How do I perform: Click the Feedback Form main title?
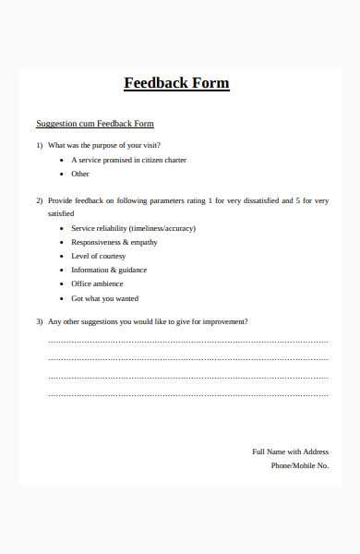176,83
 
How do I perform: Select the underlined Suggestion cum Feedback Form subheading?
94,124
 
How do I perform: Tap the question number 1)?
40,145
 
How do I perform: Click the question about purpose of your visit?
110,145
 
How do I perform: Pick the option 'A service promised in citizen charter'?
128,160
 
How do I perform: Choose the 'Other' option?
80,174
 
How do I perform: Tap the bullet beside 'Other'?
61,174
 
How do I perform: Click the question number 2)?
40,200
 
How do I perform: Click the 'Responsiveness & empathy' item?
114,242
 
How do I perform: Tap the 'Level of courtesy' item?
98,256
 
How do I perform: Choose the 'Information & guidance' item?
109,270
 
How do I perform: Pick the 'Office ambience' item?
97,283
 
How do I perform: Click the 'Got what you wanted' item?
104,298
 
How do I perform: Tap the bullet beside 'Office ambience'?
61,283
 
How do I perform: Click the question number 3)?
40,321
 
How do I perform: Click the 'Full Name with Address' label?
290,452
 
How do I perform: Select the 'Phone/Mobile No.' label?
299,465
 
